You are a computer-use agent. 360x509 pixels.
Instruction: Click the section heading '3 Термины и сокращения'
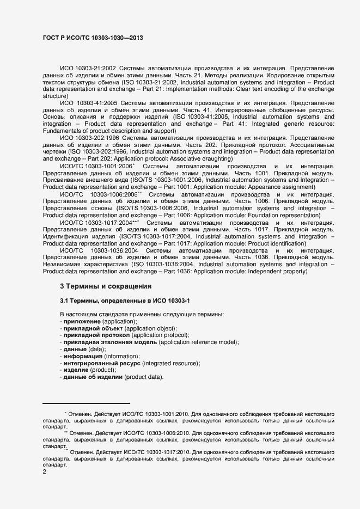106,286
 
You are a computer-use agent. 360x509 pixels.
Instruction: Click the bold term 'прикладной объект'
93,329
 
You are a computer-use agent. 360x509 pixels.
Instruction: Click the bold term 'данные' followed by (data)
75,349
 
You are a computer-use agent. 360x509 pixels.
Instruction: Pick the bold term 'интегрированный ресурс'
102,363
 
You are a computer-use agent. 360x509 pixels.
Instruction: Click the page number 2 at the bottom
44,472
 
